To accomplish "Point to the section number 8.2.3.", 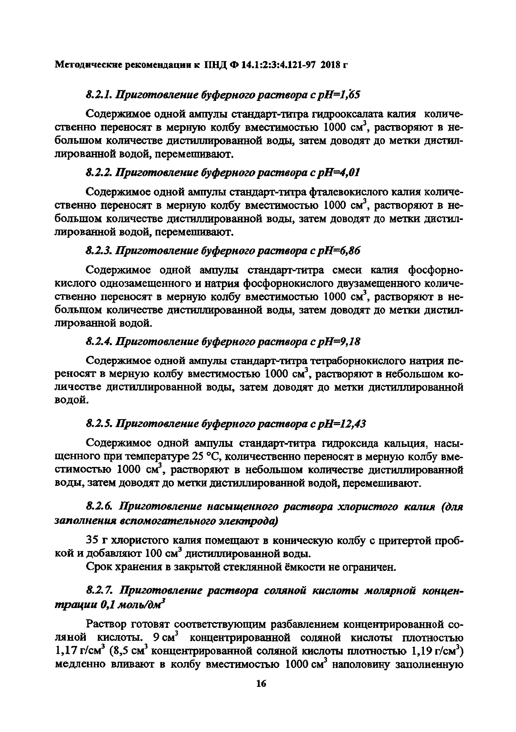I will click(x=99, y=251).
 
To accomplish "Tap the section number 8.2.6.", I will click(x=99, y=506).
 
